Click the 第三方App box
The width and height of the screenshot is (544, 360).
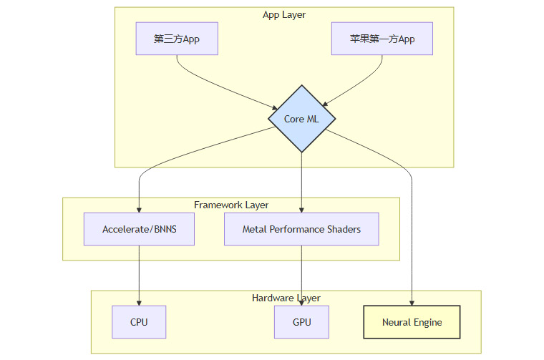(x=177, y=39)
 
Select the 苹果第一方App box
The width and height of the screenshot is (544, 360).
(x=382, y=39)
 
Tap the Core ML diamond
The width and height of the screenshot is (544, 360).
(x=301, y=119)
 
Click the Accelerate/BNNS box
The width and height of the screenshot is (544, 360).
(x=139, y=229)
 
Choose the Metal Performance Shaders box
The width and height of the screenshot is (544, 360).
(x=301, y=229)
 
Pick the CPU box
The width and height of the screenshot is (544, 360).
(x=139, y=322)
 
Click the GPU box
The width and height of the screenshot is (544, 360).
(x=301, y=322)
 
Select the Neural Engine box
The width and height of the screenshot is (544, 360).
(x=412, y=322)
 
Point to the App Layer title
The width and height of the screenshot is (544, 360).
(x=284, y=15)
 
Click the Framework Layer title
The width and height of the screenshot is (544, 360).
(x=231, y=205)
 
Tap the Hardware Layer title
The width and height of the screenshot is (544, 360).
(x=286, y=298)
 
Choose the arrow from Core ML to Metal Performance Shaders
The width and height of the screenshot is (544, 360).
(x=301, y=183)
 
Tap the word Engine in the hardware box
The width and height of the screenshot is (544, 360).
(x=427, y=322)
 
